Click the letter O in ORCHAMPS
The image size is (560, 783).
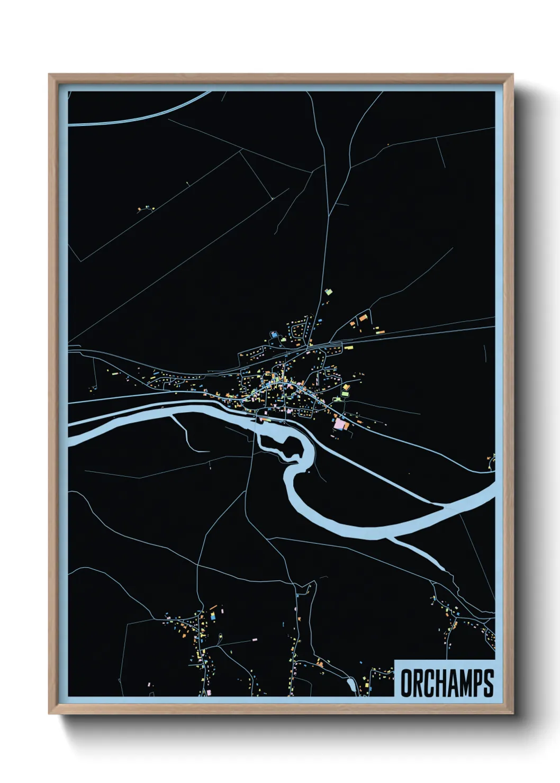point(407,683)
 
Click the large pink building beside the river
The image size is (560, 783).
point(339,424)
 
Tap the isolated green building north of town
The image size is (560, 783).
point(328,292)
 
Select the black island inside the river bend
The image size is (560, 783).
point(283,443)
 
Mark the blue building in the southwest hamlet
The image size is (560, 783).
point(213,617)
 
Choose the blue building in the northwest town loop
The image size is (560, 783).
point(274,334)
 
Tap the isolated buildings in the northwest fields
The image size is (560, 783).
point(143,209)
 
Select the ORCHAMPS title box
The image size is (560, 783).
point(445,679)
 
